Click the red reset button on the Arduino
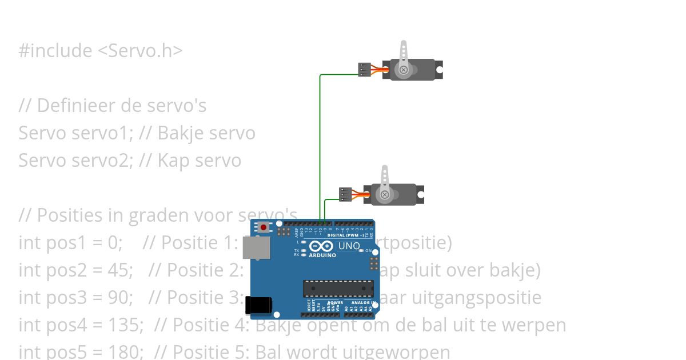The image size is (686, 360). pos(264,227)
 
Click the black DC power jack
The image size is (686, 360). pos(258,306)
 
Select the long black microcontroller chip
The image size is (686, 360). pos(338,289)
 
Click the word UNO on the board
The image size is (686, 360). pos(349,246)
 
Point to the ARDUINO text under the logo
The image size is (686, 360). pos(322,255)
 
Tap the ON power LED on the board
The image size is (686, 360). pos(361,251)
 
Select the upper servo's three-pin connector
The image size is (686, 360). pos(364,69)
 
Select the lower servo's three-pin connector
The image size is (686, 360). pos(345,194)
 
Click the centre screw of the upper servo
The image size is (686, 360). pos(404,70)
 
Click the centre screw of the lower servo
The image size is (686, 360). pos(385,195)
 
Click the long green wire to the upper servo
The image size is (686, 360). pos(320,143)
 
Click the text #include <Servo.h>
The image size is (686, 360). pos(101,51)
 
